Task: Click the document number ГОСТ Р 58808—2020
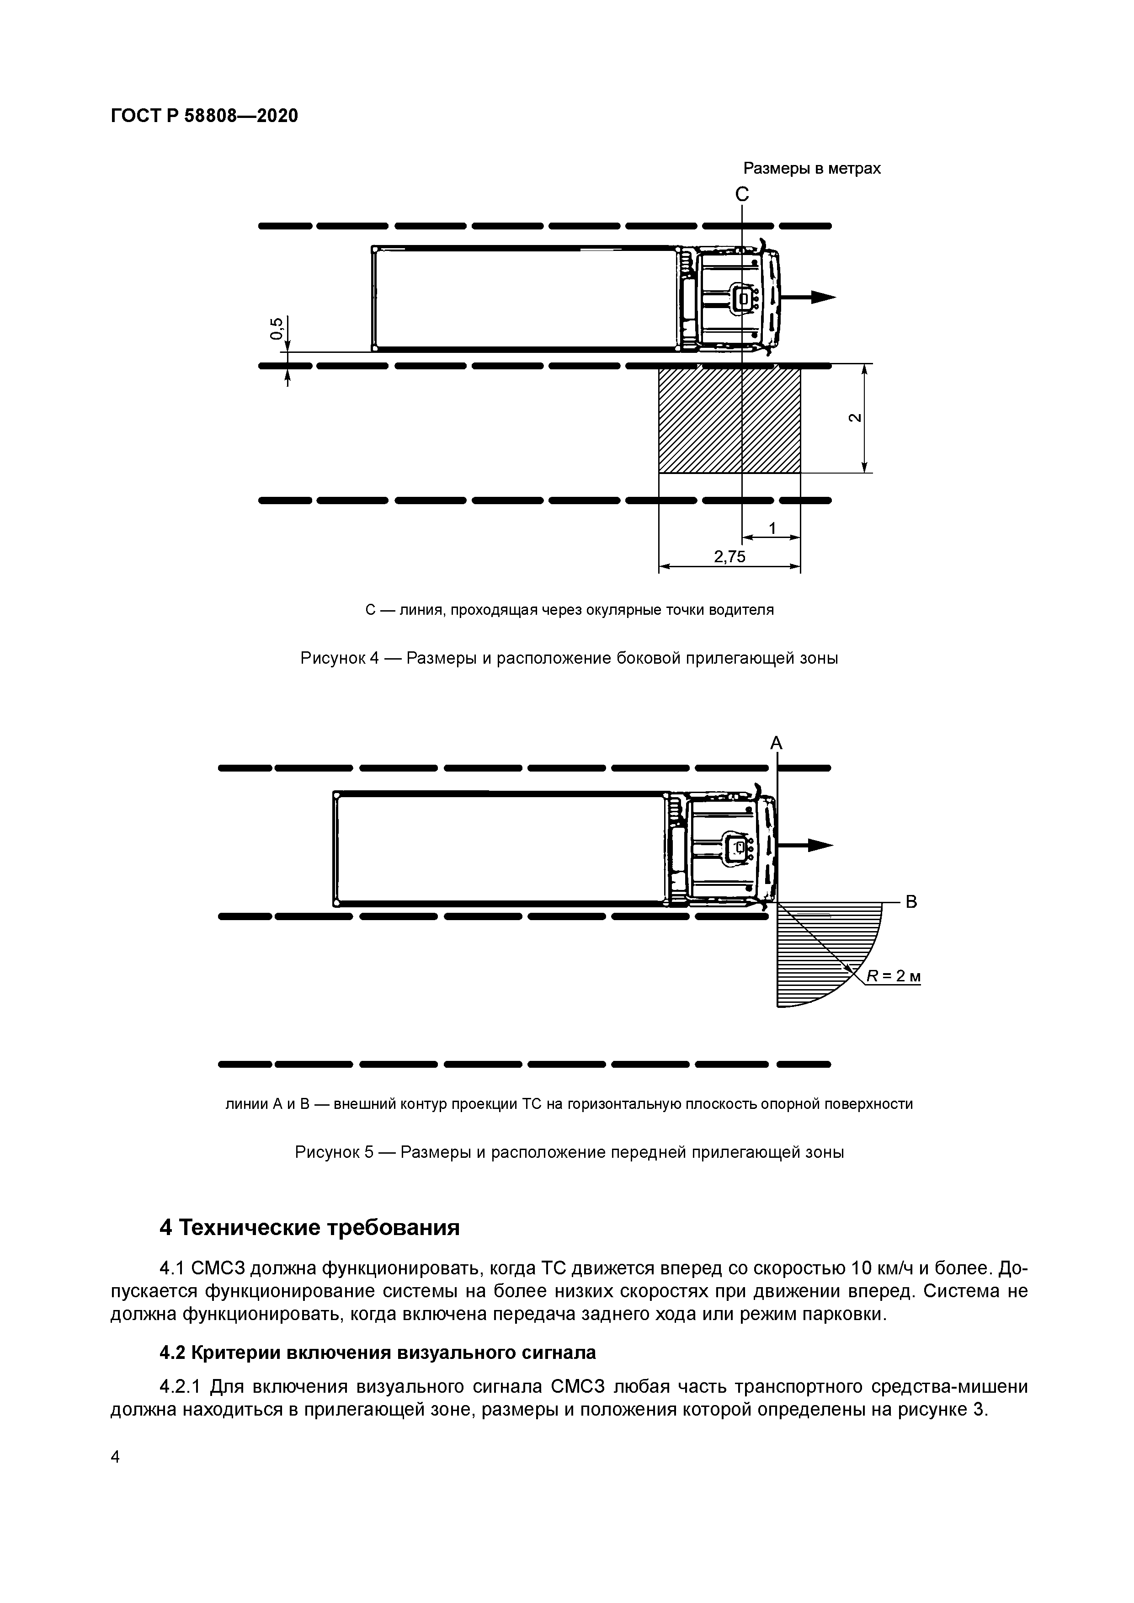click(x=204, y=116)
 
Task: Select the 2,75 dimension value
click(x=729, y=556)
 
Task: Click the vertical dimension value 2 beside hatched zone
click(x=854, y=417)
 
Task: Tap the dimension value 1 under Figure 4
click(x=772, y=528)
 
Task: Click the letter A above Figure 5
click(x=776, y=744)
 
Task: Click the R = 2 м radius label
click(x=893, y=975)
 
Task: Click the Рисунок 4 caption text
click(x=569, y=658)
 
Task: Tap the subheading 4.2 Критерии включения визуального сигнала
click(x=377, y=1353)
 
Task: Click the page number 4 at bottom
click(x=115, y=1456)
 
